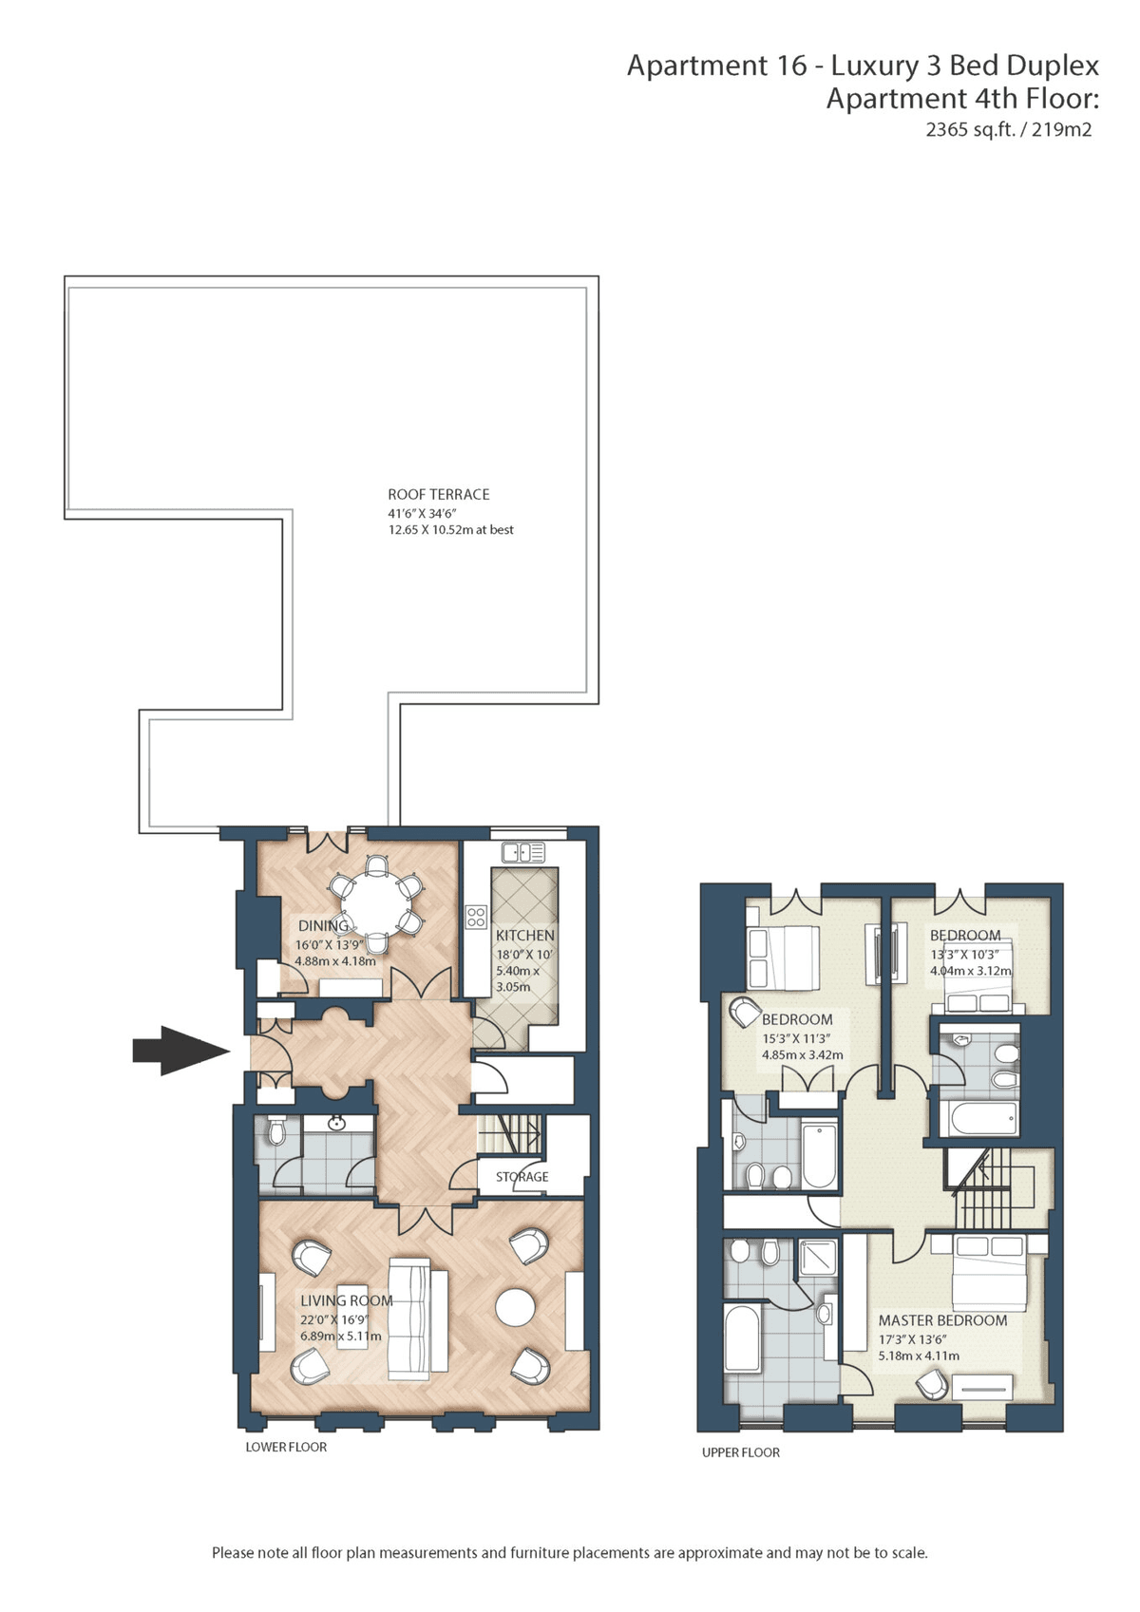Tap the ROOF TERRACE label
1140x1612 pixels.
pyautogui.click(x=438, y=494)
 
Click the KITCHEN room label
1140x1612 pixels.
pyautogui.click(x=524, y=936)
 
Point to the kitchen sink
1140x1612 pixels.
pyautogui.click(x=524, y=853)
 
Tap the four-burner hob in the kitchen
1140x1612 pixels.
pyautogui.click(x=476, y=916)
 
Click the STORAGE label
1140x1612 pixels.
pyautogui.click(x=522, y=1177)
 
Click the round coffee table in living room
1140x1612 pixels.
pyautogui.click(x=515, y=1306)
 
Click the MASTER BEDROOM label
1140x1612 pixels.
pyautogui.click(x=942, y=1320)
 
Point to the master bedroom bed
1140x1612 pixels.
pyautogui.click(x=988, y=1272)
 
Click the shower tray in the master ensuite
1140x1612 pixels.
pyautogui.click(x=817, y=1257)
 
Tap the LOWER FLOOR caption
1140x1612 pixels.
pyautogui.click(x=286, y=1447)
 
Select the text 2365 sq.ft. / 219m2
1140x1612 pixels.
pyautogui.click(x=1008, y=129)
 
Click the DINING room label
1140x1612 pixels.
pyautogui.click(x=324, y=925)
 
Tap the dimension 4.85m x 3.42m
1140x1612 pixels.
pyautogui.click(x=802, y=1055)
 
